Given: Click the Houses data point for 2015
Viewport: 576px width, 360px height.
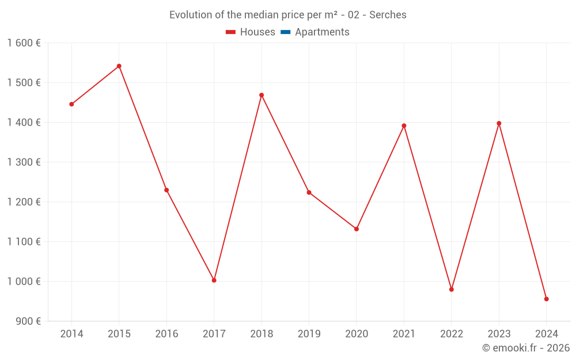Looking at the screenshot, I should pyautogui.click(x=119, y=66).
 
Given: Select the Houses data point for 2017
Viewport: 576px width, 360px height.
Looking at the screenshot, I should pyautogui.click(x=214, y=281).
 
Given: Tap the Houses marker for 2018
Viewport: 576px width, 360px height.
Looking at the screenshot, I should pyautogui.click(x=262, y=95).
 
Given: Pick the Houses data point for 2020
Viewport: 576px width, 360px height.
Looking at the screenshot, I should pyautogui.click(x=357, y=229).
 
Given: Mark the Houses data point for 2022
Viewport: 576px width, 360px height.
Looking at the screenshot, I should pyautogui.click(x=452, y=290).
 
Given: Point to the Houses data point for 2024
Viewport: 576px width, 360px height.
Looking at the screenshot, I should pyautogui.click(x=547, y=299).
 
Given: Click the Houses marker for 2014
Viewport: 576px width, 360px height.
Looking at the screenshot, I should pyautogui.click(x=71, y=104).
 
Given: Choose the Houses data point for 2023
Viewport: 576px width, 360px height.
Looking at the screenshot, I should pyautogui.click(x=499, y=123).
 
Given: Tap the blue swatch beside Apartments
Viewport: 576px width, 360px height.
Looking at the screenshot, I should pyautogui.click(x=285, y=32).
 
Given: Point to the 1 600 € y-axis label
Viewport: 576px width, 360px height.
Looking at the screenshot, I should pyautogui.click(x=24, y=43).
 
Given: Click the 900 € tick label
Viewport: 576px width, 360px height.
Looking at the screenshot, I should pyautogui.click(x=28, y=321).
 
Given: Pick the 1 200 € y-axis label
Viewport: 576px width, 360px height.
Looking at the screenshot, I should pyautogui.click(x=24, y=202).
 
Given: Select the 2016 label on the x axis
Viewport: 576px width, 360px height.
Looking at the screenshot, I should pyautogui.click(x=166, y=334).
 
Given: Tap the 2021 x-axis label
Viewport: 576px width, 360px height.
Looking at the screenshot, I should pyautogui.click(x=404, y=334).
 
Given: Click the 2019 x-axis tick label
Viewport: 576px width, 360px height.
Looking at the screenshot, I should pyautogui.click(x=309, y=334).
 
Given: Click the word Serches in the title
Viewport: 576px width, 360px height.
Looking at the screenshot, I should pyautogui.click(x=388, y=15).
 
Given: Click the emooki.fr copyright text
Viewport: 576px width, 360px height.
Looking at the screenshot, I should pyautogui.click(x=526, y=348).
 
